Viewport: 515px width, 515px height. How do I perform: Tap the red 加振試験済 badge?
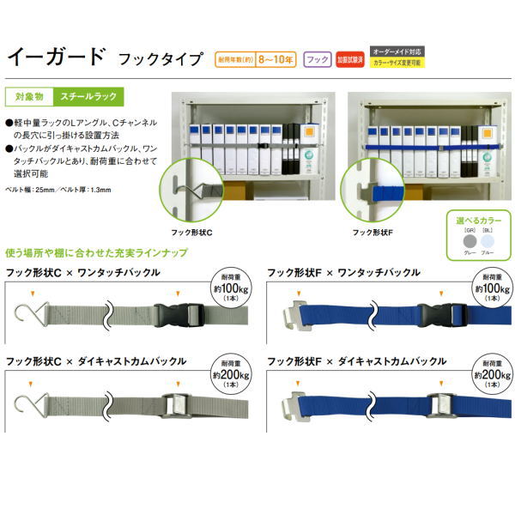(x=348, y=59)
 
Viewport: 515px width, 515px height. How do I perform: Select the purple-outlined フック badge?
(x=318, y=59)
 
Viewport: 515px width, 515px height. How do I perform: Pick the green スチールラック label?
(x=86, y=97)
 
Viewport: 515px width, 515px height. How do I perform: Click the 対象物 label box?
(x=27, y=97)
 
